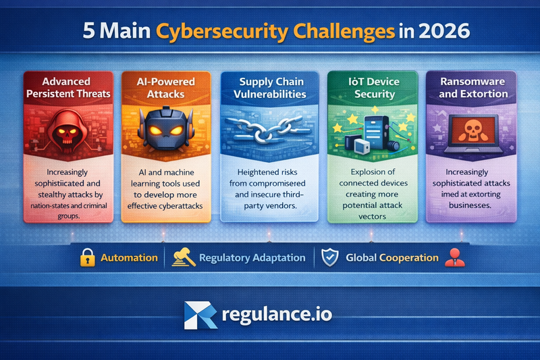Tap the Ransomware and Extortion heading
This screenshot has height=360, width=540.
click(473, 88)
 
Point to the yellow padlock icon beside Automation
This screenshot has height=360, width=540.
click(87, 257)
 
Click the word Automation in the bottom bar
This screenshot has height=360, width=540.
click(129, 258)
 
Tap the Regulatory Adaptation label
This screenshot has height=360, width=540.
click(251, 258)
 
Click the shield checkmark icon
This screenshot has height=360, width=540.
click(330, 257)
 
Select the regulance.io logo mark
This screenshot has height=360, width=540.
click(200, 315)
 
